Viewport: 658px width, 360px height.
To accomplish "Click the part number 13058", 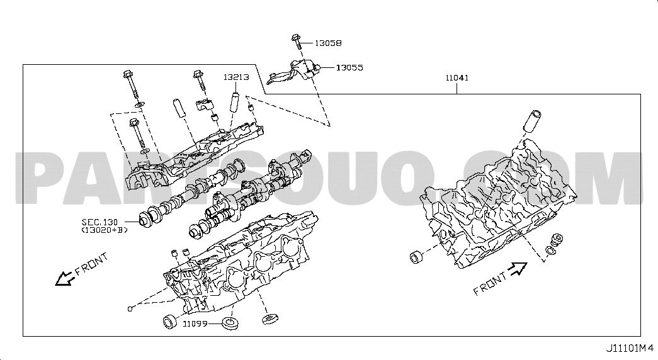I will (x=328, y=43).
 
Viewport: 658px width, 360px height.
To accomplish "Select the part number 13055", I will (x=349, y=67).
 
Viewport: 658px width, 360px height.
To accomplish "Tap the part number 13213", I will (x=236, y=77).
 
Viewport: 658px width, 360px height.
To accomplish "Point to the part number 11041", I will (x=458, y=78).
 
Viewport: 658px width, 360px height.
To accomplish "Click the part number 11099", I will (x=196, y=324).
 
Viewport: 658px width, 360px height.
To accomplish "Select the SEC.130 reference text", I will (x=99, y=222).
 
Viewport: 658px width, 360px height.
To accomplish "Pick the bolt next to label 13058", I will (x=296, y=42).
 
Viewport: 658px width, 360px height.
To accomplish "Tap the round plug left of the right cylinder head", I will (x=416, y=257).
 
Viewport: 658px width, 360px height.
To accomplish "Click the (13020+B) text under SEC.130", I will (x=104, y=230).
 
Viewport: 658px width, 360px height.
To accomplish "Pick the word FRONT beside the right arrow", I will (x=490, y=284).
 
